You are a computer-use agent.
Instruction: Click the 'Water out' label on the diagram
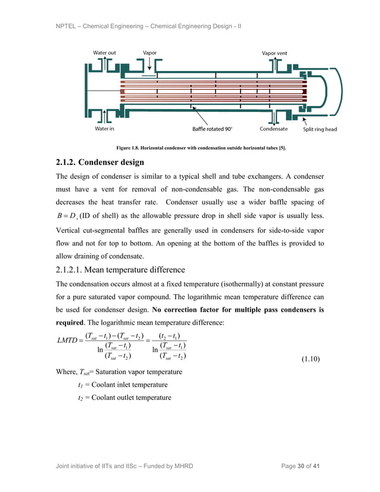(104, 53)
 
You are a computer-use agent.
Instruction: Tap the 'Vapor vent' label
(274, 53)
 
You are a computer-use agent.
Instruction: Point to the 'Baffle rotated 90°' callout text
(212, 129)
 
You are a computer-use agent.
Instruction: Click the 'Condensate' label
(273, 129)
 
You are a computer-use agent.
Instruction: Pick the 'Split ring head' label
(320, 129)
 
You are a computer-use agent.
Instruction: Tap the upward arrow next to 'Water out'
(105, 64)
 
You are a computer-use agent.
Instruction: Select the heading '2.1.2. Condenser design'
(100, 162)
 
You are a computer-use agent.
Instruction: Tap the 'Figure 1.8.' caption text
(129, 148)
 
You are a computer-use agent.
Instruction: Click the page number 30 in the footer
(300, 465)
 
